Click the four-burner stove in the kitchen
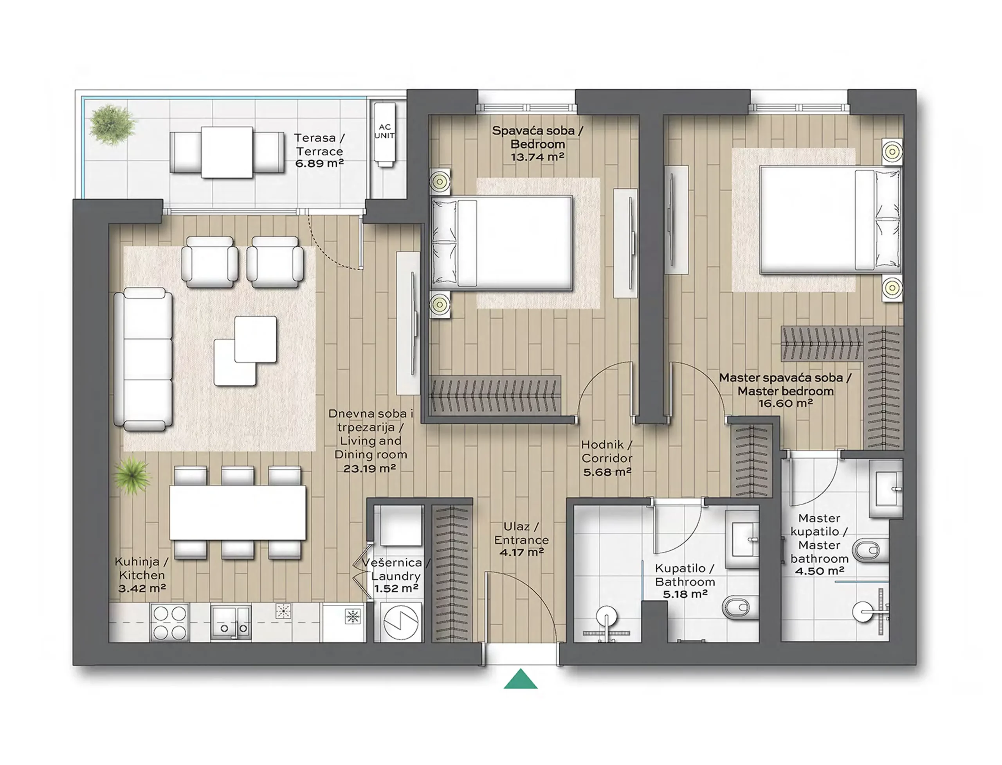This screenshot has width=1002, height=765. [x=169, y=623]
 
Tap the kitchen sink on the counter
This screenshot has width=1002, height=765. [x=231, y=623]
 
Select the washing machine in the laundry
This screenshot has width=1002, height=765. [x=400, y=622]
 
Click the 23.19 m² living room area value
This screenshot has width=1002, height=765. [x=369, y=468]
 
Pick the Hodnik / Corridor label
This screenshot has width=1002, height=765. [x=607, y=451]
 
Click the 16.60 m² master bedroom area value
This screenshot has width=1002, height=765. [x=785, y=403]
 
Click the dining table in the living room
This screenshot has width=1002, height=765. [x=238, y=512]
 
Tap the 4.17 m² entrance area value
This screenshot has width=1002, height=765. [x=521, y=552]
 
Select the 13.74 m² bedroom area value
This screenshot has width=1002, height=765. [x=537, y=157]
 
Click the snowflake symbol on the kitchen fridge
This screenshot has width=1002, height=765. [x=353, y=616]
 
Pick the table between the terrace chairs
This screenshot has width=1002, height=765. [x=227, y=152]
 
